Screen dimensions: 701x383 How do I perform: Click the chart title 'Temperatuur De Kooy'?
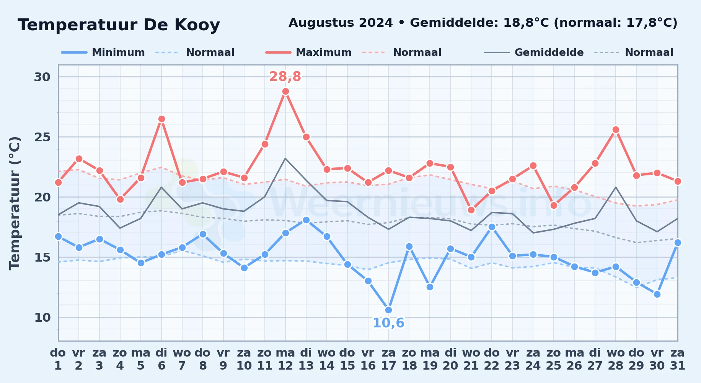tap(119, 25)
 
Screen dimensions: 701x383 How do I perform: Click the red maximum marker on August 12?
tap(285, 91)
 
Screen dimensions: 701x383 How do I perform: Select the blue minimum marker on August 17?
tap(388, 310)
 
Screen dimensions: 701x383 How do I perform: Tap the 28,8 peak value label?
tap(285, 77)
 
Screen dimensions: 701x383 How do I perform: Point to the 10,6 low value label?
tap(388, 323)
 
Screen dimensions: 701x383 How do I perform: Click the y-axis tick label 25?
tap(42, 137)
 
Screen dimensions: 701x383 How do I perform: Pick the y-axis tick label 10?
tap(42, 317)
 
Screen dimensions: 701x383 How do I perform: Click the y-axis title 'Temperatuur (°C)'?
tap(15, 203)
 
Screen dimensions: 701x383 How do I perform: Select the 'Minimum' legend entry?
tap(103, 52)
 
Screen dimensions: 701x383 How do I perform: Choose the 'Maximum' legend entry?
tap(309, 52)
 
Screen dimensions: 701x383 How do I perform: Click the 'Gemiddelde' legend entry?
tap(534, 52)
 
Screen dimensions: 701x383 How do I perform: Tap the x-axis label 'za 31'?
tap(678, 359)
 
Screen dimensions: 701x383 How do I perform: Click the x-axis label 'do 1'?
tap(58, 359)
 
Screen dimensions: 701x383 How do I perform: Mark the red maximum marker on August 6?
tap(161, 119)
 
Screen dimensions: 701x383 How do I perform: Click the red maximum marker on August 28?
tap(616, 129)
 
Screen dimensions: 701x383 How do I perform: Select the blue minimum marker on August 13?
tap(306, 220)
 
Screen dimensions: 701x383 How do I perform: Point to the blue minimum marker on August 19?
tap(430, 287)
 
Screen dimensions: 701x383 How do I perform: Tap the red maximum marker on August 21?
tap(471, 210)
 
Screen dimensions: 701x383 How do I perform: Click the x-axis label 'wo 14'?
tap(327, 359)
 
